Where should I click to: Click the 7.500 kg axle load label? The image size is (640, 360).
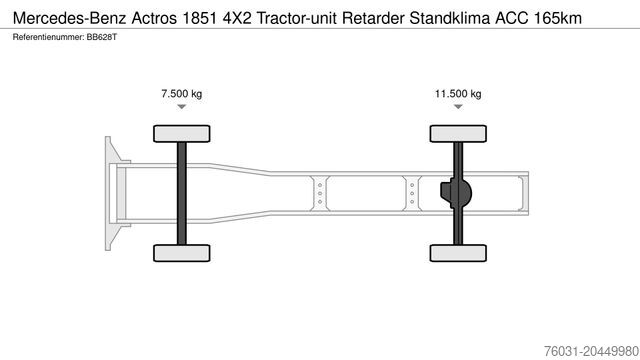click(x=182, y=94)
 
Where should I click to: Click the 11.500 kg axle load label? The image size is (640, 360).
click(x=458, y=94)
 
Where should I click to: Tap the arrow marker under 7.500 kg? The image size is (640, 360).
click(x=182, y=106)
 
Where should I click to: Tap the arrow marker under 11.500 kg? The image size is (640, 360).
click(x=458, y=106)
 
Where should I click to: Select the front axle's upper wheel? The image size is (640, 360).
click(x=182, y=133)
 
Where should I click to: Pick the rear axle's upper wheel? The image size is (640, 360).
click(x=458, y=133)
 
